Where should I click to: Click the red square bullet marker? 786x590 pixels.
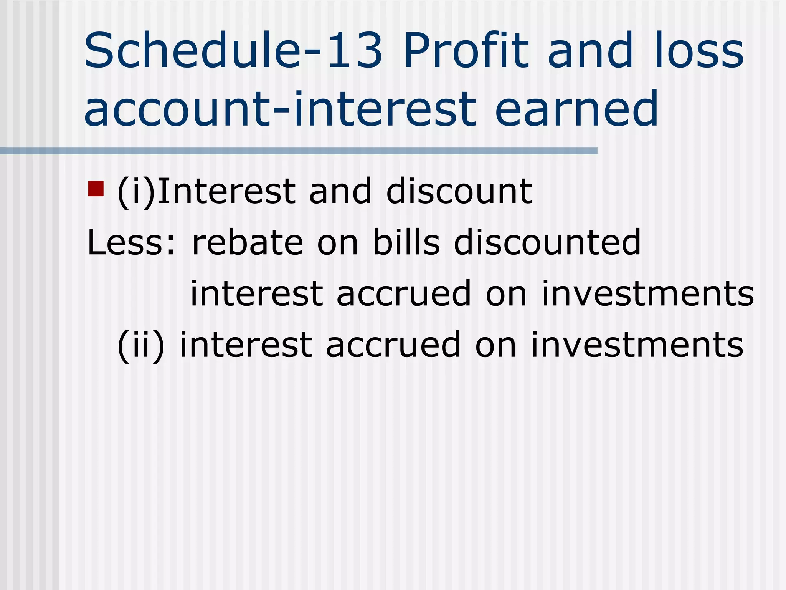(x=96, y=189)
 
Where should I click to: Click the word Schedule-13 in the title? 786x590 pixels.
(x=233, y=51)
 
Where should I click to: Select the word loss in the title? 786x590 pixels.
(x=699, y=51)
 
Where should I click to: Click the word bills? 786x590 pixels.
(x=406, y=242)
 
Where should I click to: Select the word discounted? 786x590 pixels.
(x=547, y=242)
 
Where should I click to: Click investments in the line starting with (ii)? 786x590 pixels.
(x=637, y=345)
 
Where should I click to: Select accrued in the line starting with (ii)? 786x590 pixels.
(x=393, y=345)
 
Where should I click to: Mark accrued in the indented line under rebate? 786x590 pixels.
(x=404, y=294)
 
